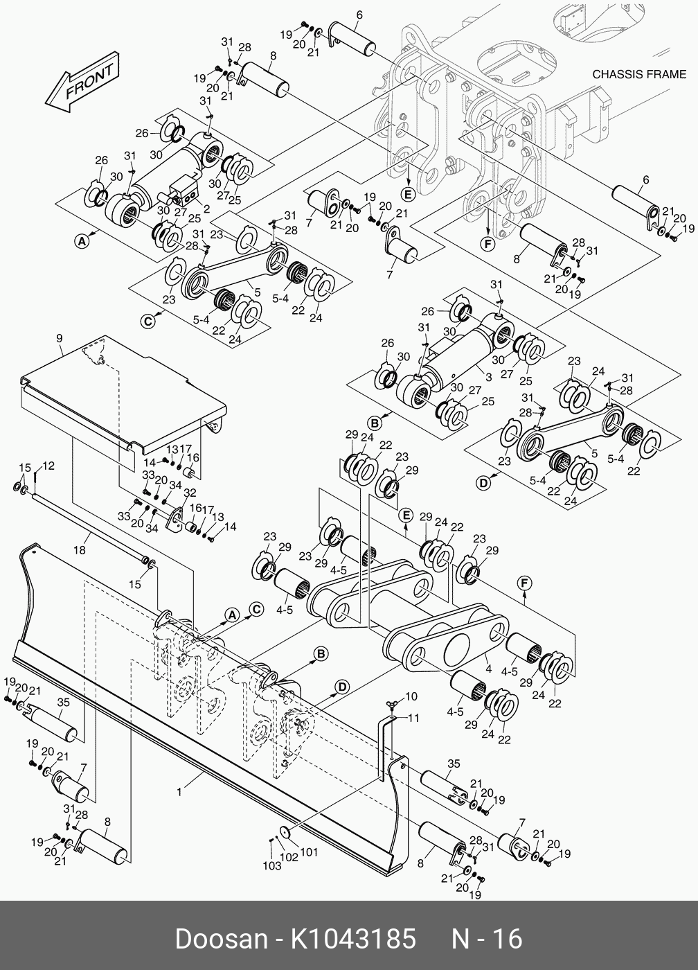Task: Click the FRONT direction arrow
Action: (x=82, y=82)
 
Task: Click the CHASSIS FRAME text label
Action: (x=638, y=75)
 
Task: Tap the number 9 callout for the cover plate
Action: (x=60, y=338)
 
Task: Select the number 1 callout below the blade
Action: (x=179, y=791)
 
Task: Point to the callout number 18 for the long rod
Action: (x=80, y=549)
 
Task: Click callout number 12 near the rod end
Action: (x=49, y=466)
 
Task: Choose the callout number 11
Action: (x=413, y=718)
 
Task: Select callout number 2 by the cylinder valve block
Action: (x=206, y=209)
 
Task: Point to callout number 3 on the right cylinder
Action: (x=489, y=377)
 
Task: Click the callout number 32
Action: (x=190, y=493)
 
